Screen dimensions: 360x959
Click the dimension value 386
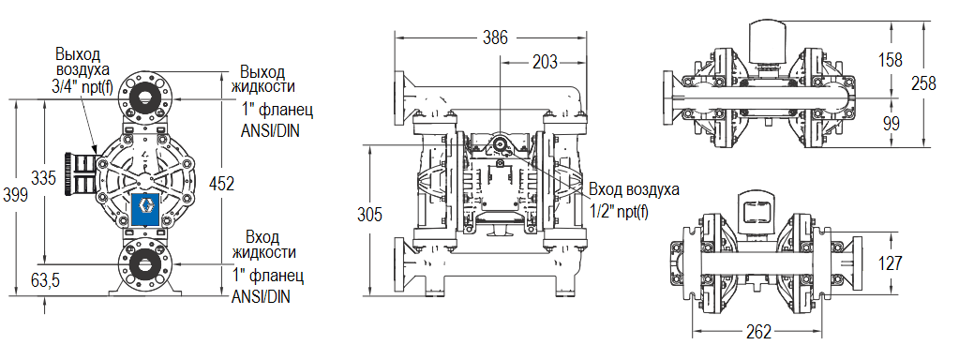coord(495,37)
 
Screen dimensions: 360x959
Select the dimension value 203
coord(544,63)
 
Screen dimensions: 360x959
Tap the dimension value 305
coord(370,214)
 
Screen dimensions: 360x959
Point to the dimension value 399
coord(15,193)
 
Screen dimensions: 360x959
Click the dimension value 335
coord(43,178)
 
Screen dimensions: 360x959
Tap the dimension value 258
coord(924,82)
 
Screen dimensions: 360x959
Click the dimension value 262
coord(760,332)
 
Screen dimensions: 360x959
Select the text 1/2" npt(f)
coord(620,208)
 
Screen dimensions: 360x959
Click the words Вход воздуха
coord(635,190)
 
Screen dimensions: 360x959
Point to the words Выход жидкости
coord(263,80)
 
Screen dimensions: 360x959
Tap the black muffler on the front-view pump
coord(82,174)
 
